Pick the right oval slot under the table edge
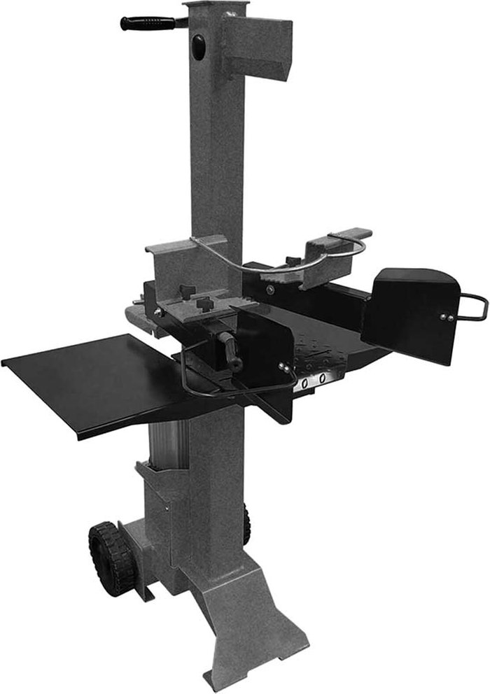(322, 378)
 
